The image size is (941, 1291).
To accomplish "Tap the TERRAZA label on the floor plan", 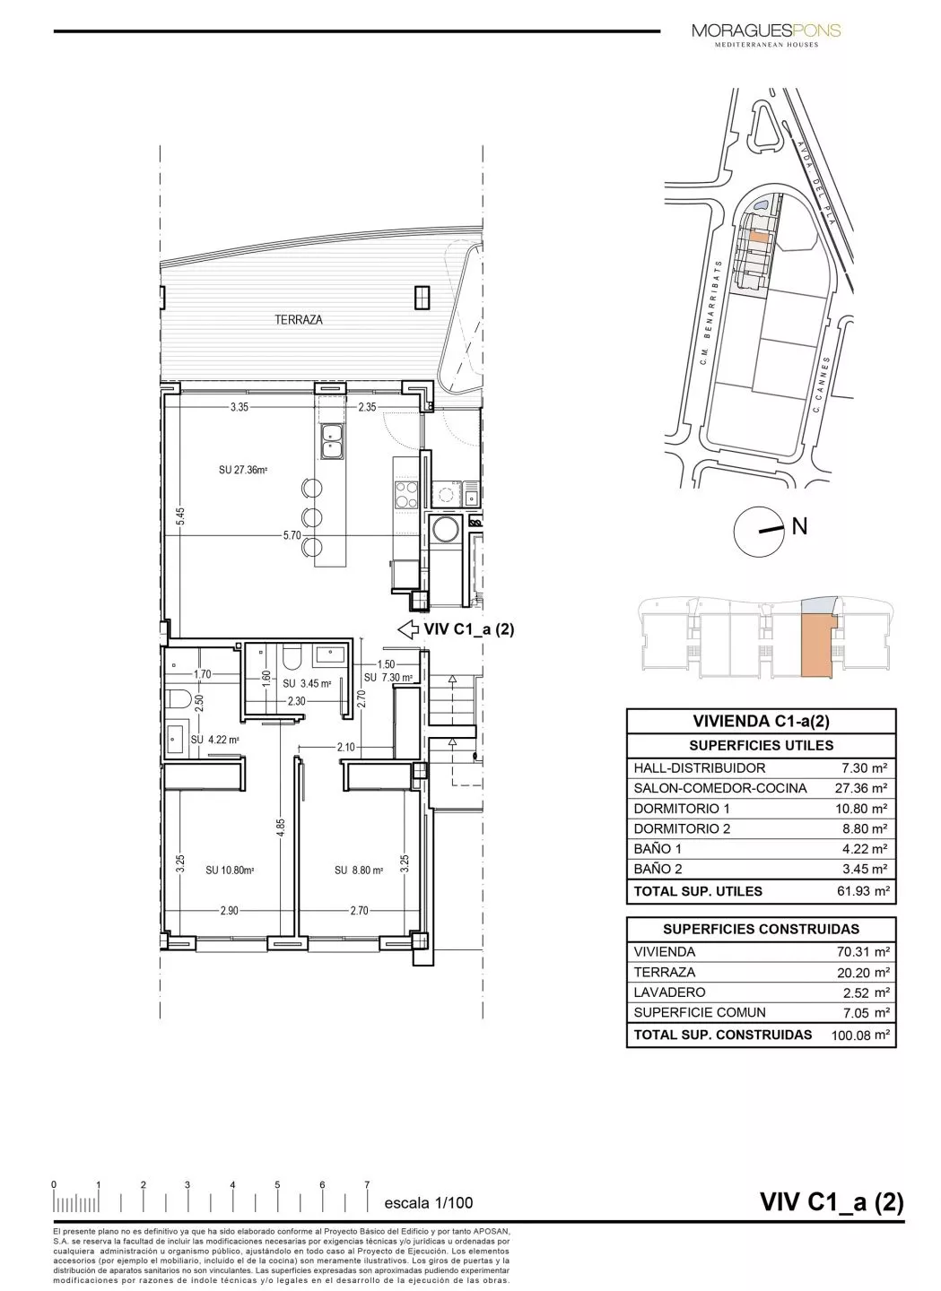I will click(299, 319).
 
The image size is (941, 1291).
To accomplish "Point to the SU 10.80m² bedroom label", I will click(230, 869).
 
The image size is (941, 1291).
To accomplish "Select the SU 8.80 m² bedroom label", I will click(359, 869).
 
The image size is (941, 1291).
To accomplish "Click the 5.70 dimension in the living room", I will click(291, 535).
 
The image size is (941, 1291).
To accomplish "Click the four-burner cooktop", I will click(405, 491).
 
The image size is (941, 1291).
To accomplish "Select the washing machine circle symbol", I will click(444, 530).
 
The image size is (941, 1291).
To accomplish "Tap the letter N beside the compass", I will click(799, 526).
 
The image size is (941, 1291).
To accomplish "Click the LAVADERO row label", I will click(669, 992).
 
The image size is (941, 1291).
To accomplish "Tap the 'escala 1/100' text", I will click(428, 1202).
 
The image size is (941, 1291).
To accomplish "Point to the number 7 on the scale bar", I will click(367, 1184).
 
